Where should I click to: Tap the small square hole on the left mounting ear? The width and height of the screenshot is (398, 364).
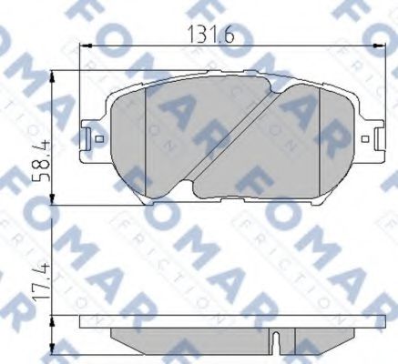pyautogui.click(x=97, y=139)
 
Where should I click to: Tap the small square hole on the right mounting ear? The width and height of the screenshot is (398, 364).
pyautogui.click(x=366, y=139)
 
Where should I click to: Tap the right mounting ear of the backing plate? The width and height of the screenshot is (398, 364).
pyautogui.click(x=372, y=139)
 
